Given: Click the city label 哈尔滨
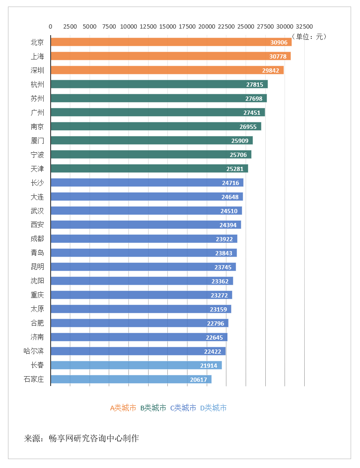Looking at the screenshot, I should tap(34, 351).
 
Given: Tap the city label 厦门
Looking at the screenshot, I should tap(37, 141).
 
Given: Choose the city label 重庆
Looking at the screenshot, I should tap(37, 295).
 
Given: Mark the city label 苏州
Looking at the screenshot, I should tap(37, 98).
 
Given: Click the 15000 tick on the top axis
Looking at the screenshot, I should tap(168, 27).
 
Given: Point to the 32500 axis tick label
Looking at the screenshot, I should tap(304, 27).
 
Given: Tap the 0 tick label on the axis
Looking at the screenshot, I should tap(51, 27).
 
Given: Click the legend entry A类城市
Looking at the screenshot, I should tap(123, 408).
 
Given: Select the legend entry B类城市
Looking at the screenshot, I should tap(153, 408).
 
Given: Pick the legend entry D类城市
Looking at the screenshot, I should tap(213, 408).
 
